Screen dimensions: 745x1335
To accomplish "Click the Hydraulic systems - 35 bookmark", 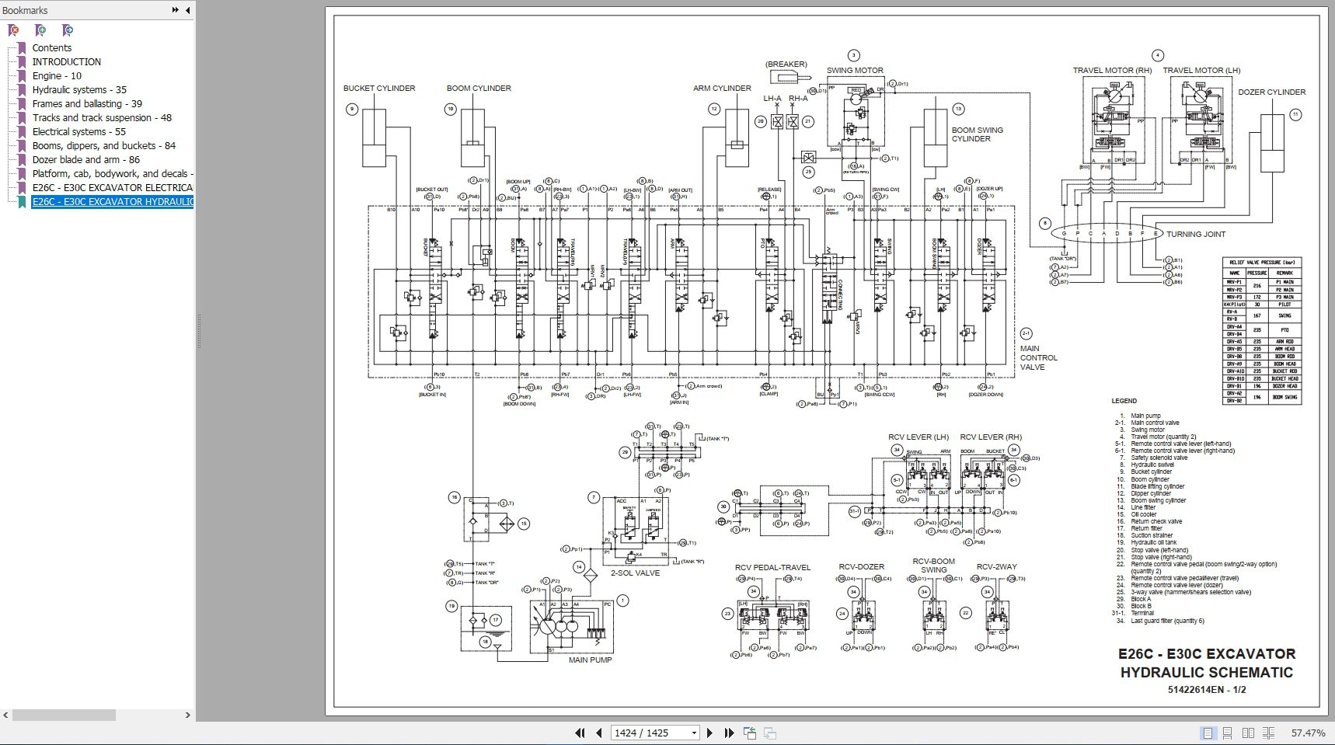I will point(78,89).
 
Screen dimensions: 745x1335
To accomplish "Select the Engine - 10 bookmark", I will point(57,75).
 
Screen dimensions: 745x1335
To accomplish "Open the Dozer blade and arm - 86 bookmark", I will point(85,159).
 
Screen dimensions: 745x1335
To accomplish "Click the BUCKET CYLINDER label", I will point(379,88).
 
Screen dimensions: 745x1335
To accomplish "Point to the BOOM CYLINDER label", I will point(479,88).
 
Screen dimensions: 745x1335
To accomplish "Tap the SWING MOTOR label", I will point(855,70).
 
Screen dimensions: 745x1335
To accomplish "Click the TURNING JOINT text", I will point(1195,234).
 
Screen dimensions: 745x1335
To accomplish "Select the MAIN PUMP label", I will point(590,660).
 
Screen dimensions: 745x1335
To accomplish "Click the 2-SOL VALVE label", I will point(635,573).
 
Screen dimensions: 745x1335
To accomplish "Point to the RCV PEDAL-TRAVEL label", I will point(772,567).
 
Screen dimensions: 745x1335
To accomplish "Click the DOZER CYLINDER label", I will point(1271,92).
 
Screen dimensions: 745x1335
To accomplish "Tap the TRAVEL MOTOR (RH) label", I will point(1112,70).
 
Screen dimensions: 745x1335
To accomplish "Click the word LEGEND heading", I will point(1124,401).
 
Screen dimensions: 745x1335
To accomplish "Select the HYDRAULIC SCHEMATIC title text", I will point(1206,672).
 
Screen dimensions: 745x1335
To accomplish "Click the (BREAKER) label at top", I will point(786,64).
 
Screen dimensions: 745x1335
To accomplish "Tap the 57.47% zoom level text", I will point(1308,733).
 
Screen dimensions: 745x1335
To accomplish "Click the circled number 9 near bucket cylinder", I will point(352,110).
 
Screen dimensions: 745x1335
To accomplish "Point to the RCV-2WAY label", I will point(996,566).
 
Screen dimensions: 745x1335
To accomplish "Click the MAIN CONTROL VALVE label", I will point(1038,357).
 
